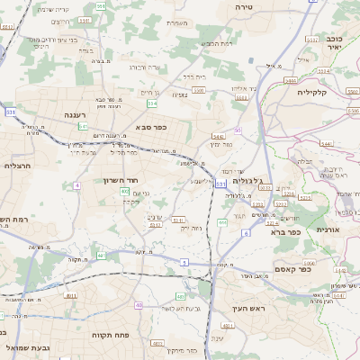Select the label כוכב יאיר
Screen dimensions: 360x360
[335, 45]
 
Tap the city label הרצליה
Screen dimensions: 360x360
[18, 166]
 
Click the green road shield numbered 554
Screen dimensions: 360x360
[153, 104]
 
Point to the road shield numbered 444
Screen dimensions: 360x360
[222, 221]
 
